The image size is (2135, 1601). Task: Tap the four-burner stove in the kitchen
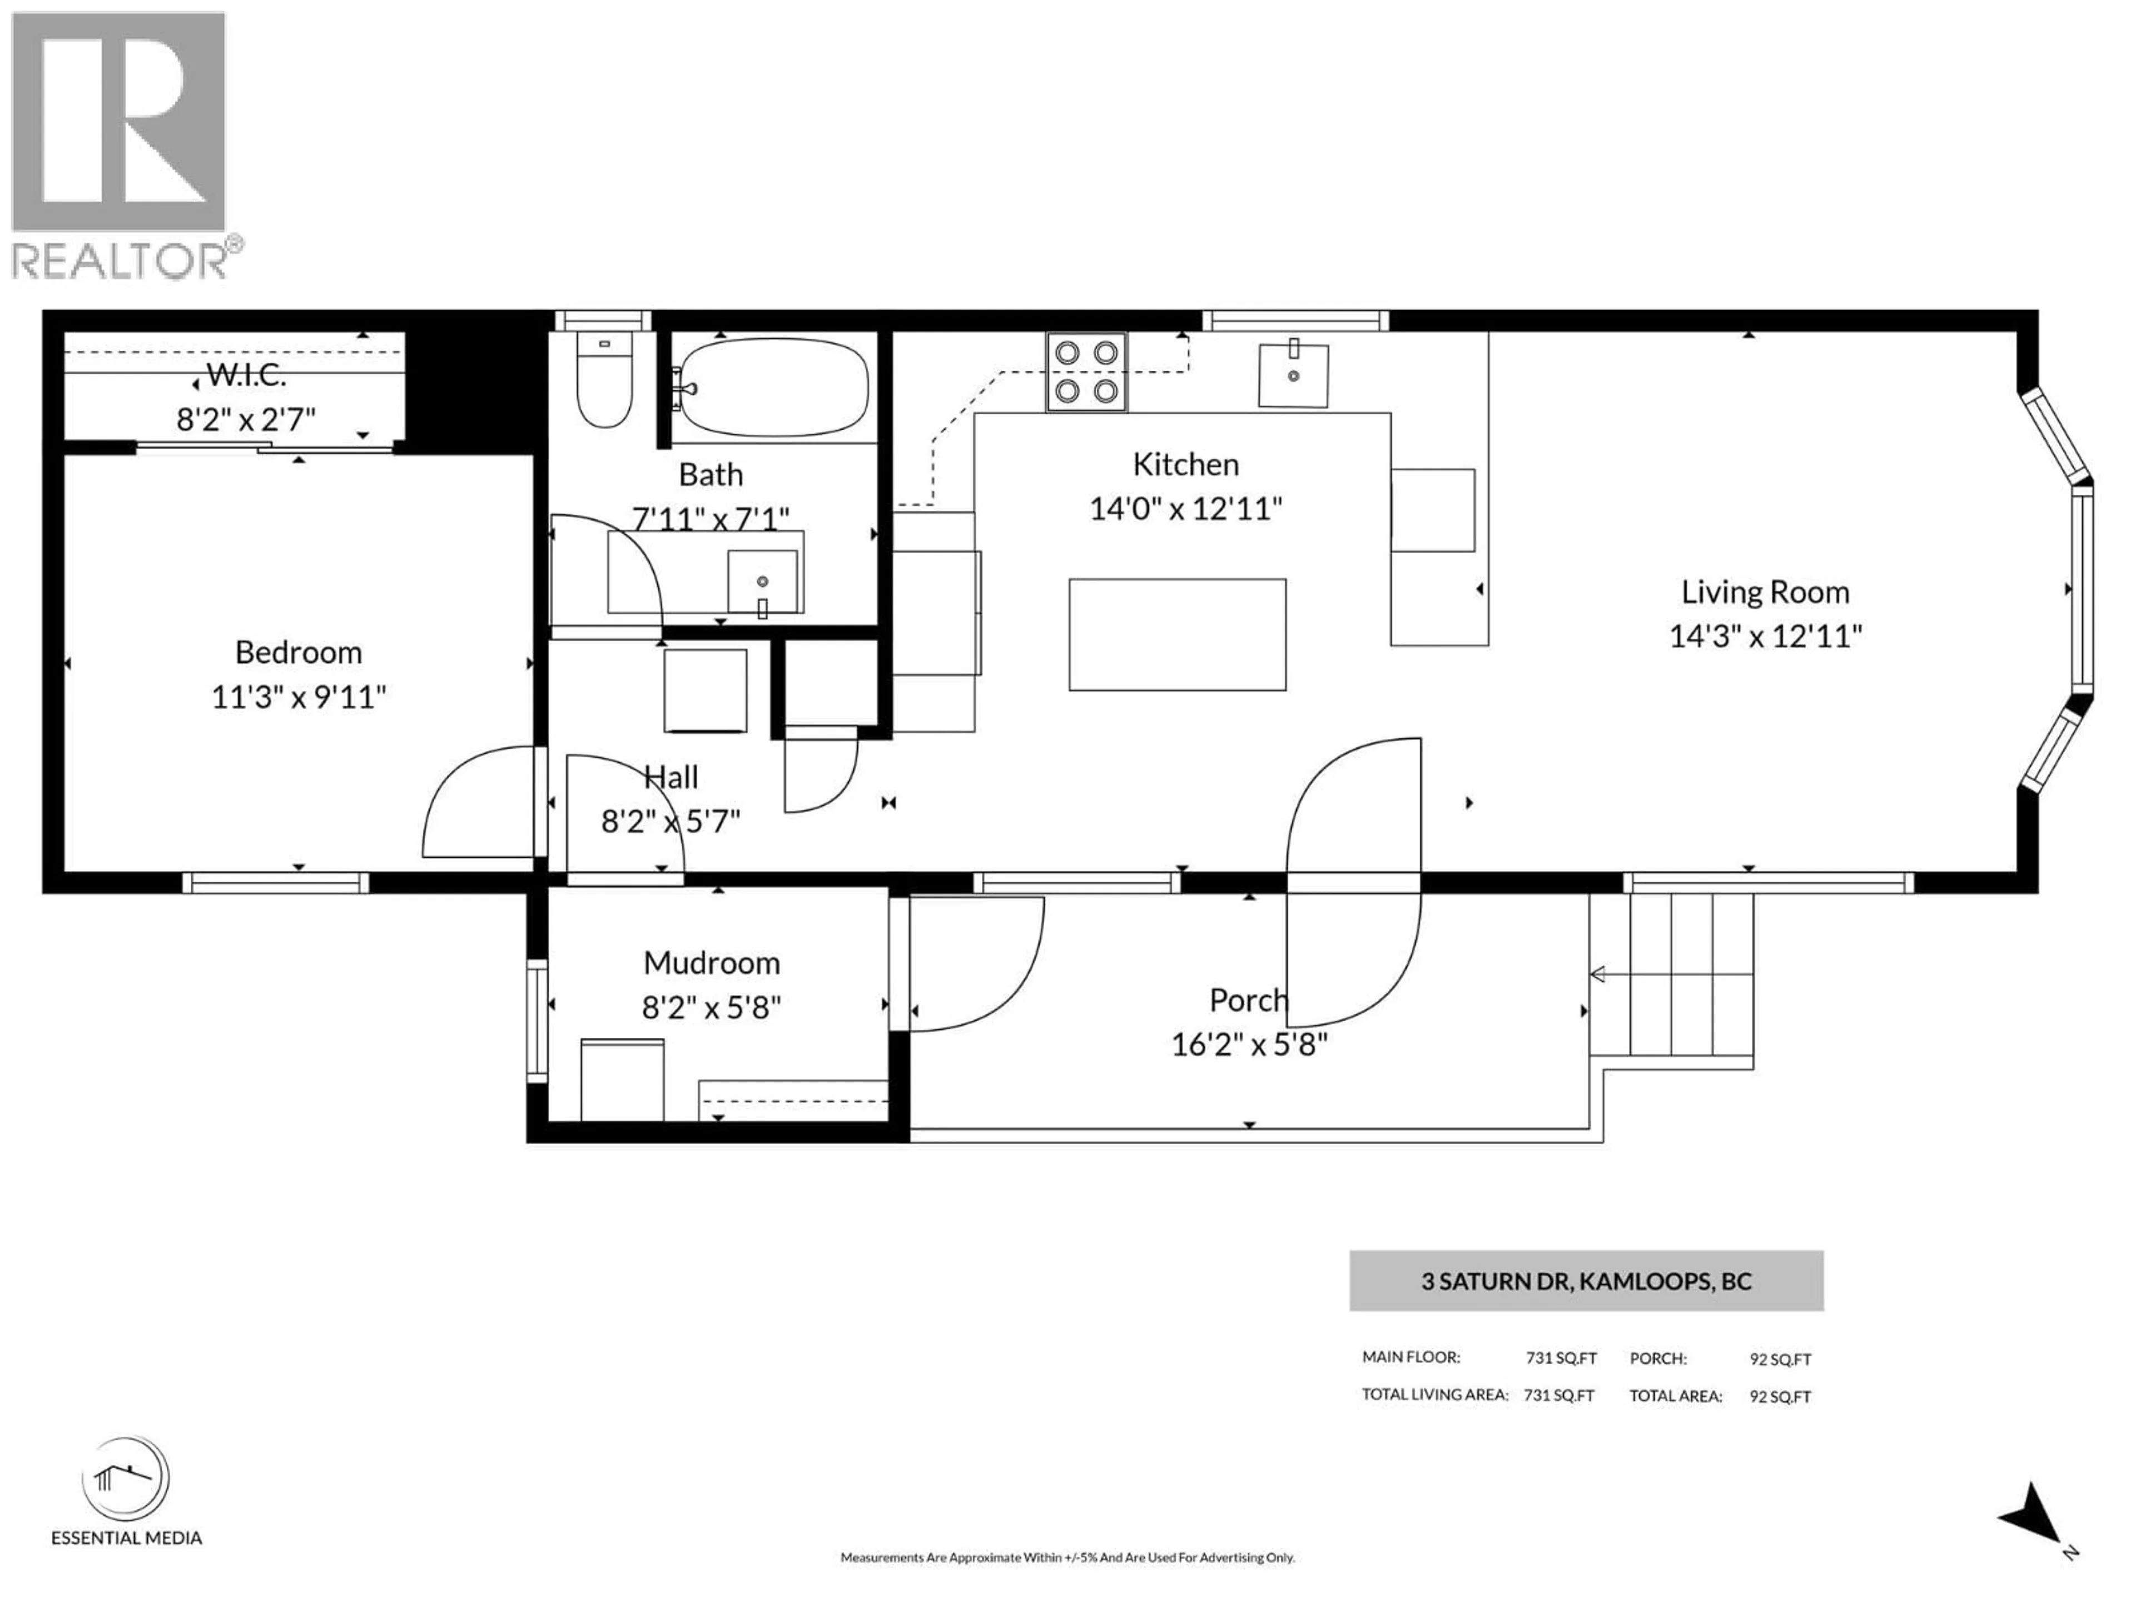[1086, 371]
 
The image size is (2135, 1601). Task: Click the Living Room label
[1764, 591]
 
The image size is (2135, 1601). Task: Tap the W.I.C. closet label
[246, 375]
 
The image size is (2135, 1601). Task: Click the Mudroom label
[711, 963]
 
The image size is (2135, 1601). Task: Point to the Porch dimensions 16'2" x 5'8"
[1249, 1044]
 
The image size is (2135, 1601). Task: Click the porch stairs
[1689, 974]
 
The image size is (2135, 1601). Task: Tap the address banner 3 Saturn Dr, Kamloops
[1586, 1281]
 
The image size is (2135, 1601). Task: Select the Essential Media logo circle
[126, 1479]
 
